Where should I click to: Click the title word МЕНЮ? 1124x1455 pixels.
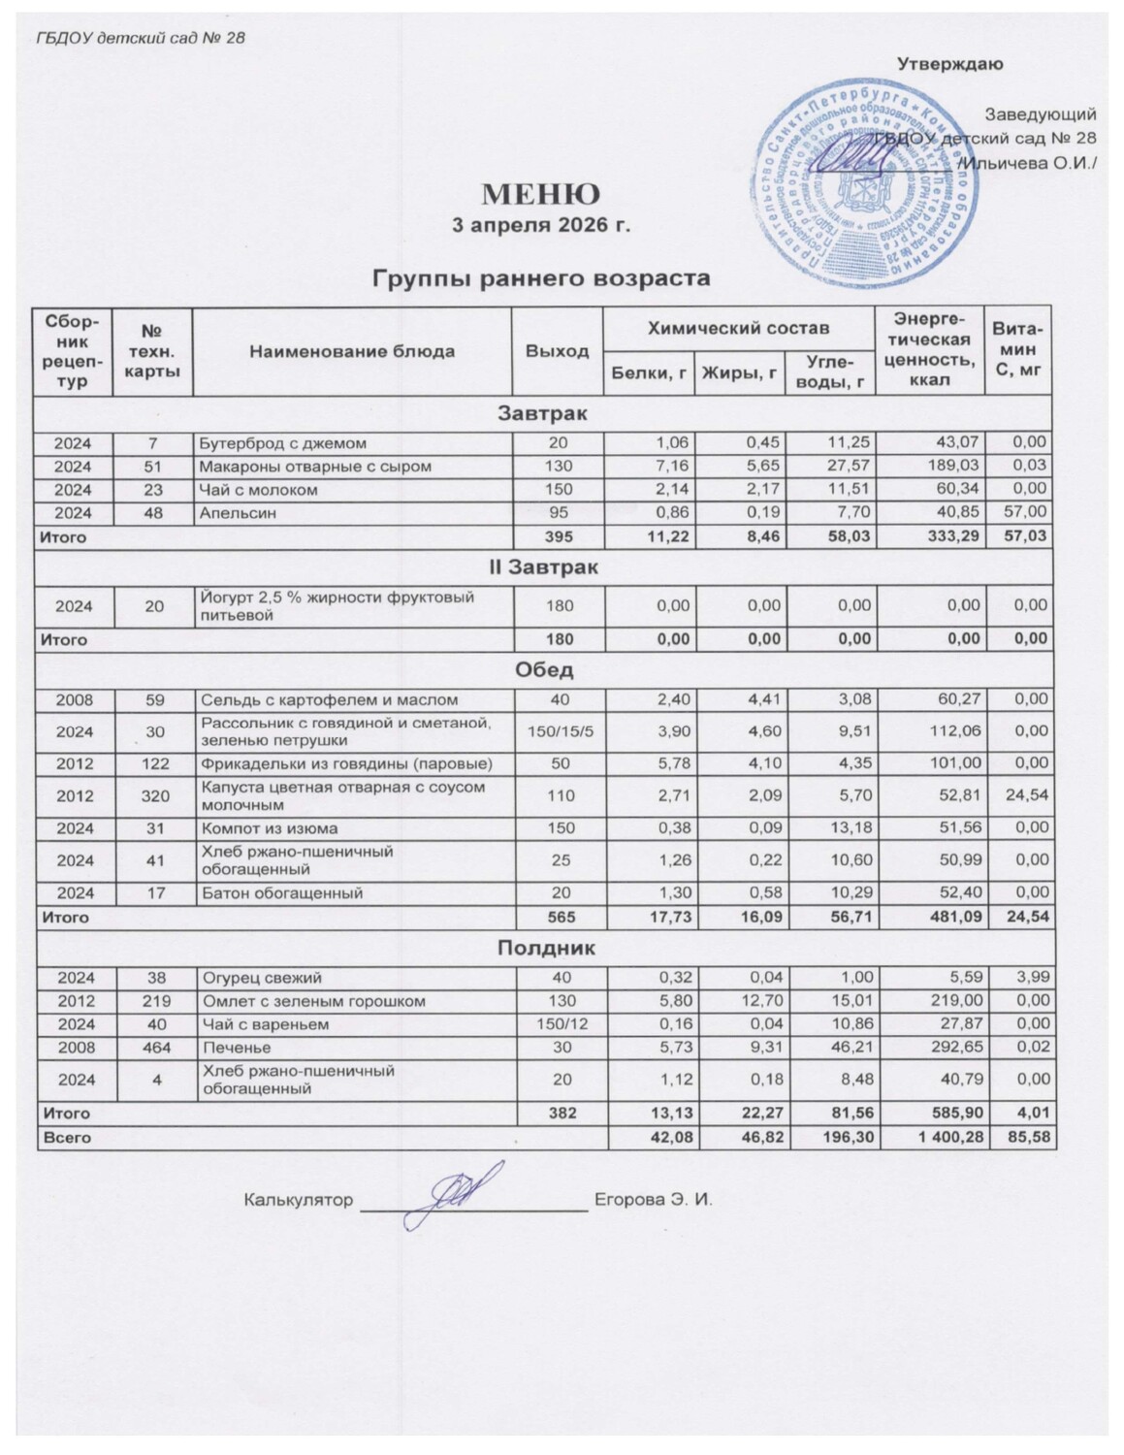point(543,195)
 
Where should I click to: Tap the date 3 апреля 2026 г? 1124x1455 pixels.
point(543,226)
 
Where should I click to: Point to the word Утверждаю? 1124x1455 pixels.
point(949,65)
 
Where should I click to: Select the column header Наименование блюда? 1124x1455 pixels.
point(352,351)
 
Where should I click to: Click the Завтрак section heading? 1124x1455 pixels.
point(543,414)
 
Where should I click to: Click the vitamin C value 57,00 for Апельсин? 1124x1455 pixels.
point(1030,513)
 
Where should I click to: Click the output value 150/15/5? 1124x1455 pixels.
point(557,732)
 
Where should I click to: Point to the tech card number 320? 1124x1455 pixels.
point(153,796)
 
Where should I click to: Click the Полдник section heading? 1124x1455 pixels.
point(543,949)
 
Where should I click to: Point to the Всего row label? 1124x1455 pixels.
point(64,1138)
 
